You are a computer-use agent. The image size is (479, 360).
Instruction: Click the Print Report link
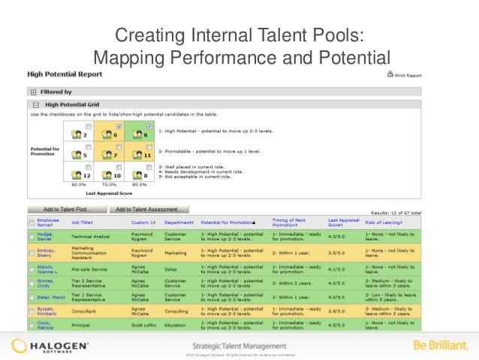[x=408, y=75]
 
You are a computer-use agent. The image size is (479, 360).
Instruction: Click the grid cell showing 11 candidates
[x=140, y=155]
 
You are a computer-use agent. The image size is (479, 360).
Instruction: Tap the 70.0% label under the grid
[x=110, y=183]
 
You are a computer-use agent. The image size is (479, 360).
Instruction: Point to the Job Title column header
[x=82, y=222]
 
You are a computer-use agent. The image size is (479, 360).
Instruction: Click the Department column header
[x=179, y=222]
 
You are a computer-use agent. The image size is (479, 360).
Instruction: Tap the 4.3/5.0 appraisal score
[x=336, y=238]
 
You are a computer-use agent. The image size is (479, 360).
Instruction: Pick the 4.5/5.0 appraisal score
[x=336, y=325]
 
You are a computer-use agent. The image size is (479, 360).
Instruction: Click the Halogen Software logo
[x=50, y=346]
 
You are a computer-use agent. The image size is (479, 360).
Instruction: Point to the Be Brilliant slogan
[x=441, y=346]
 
